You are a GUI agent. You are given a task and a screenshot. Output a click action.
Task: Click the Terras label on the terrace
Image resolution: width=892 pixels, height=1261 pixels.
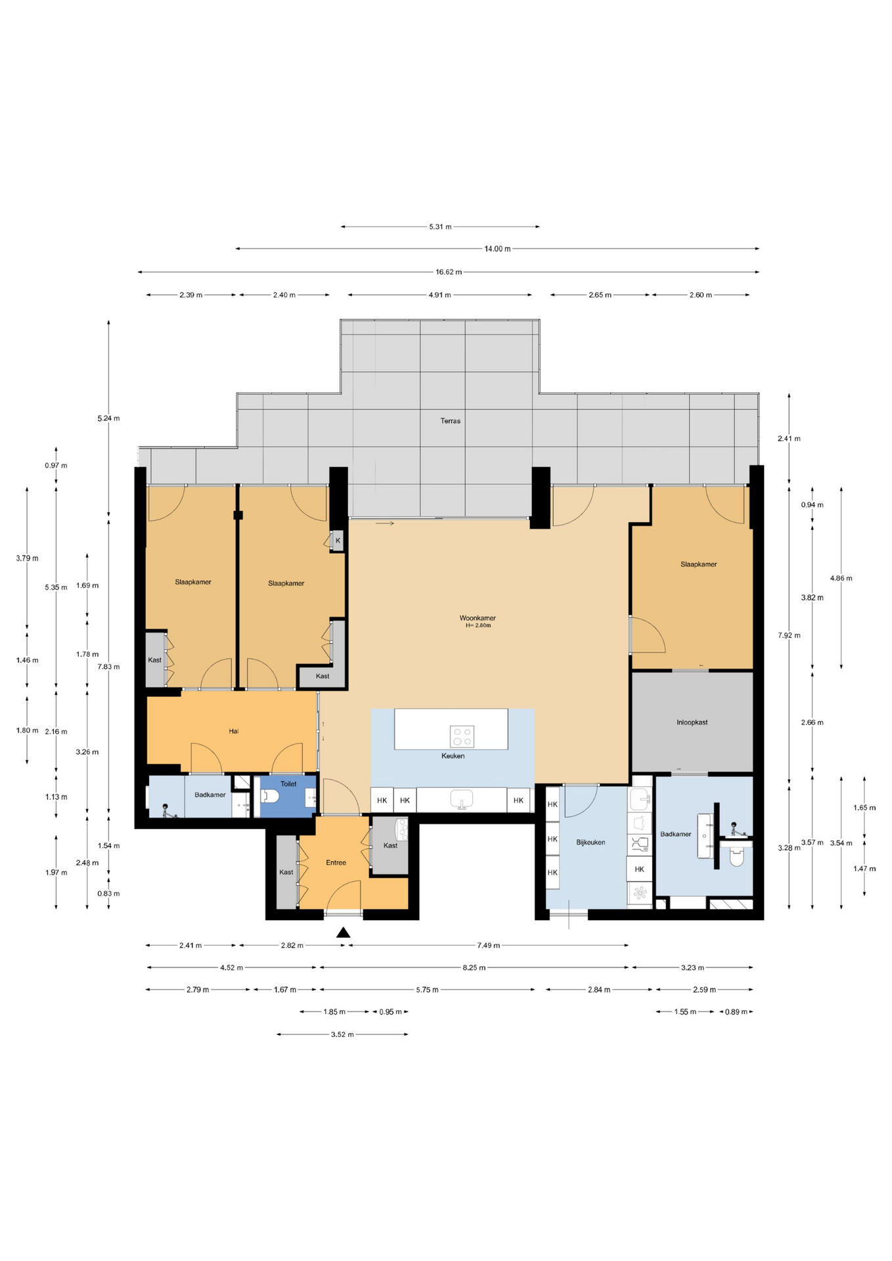[450, 421]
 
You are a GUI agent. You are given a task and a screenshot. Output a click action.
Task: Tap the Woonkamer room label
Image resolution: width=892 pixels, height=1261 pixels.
[478, 618]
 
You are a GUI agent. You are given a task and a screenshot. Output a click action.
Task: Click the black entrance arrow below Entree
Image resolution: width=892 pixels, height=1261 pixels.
[343, 932]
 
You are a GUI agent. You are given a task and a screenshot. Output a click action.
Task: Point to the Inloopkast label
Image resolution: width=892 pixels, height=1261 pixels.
[692, 722]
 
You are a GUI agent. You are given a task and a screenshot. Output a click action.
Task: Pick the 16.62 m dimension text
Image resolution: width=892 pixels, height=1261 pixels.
[449, 272]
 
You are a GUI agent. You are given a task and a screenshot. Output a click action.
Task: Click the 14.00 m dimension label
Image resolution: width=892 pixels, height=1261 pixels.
[497, 249]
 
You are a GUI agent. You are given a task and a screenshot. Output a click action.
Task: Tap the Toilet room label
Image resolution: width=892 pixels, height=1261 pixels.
[288, 784]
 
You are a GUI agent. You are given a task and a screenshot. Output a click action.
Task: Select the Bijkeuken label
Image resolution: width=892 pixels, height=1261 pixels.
[591, 843]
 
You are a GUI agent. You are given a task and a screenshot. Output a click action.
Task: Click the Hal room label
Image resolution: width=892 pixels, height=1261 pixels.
[233, 731]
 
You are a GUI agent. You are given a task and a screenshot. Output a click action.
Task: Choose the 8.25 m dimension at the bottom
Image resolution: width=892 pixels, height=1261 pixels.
[474, 967]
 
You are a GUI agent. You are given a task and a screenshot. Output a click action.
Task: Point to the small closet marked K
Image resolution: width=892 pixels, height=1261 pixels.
[338, 541]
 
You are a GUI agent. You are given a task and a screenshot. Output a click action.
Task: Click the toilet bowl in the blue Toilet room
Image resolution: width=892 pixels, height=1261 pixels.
[270, 797]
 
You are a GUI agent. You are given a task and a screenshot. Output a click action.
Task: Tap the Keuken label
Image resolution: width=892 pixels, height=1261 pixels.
[453, 756]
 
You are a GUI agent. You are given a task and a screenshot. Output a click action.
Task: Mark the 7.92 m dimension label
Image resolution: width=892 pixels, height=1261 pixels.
[789, 635]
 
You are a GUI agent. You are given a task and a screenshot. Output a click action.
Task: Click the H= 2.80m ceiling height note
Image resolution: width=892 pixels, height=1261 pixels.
[478, 626]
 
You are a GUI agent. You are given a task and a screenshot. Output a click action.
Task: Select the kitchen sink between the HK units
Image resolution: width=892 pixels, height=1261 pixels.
[462, 799]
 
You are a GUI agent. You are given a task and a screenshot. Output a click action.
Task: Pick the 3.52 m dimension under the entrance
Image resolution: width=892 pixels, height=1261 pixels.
[342, 1034]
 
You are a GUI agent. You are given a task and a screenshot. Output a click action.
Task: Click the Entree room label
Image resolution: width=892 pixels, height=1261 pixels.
[336, 863]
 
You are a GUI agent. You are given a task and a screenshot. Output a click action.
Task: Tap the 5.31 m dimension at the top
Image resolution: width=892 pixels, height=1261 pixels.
[440, 227]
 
